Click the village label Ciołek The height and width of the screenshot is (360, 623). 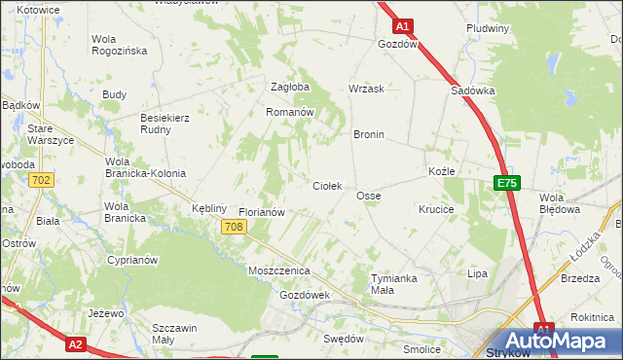326,185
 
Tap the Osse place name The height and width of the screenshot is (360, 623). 368,196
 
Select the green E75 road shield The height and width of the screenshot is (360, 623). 506,182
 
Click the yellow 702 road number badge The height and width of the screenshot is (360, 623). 41,180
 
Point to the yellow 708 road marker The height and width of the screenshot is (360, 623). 233,227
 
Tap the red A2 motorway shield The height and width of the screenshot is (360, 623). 77,343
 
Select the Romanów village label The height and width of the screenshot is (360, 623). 289,112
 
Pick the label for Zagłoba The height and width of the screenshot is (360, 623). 289,87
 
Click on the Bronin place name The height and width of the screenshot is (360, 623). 369,134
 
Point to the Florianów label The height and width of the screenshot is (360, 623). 261,211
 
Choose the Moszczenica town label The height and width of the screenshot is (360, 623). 278,270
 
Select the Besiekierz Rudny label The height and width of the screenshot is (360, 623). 165,123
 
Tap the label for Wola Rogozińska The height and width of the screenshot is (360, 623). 118,45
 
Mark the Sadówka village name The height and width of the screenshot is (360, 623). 473,90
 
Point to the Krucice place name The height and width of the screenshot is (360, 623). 436,209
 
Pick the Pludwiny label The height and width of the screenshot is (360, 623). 488,28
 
